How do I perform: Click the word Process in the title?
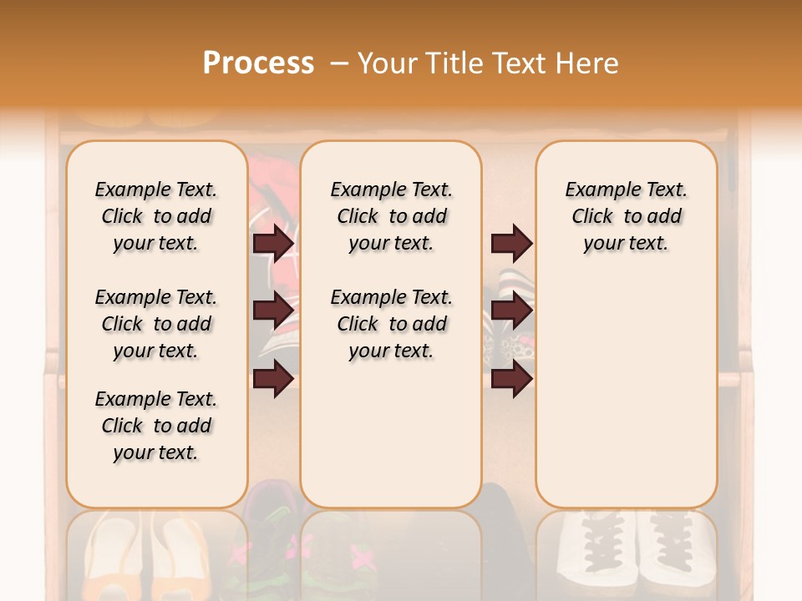258,63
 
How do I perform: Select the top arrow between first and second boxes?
273,243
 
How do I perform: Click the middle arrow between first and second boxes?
273,311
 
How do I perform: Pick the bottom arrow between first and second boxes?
273,379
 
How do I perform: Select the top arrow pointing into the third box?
511,243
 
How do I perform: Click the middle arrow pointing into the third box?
511,311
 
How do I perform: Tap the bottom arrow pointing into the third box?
511,379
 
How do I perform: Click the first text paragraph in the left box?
156,216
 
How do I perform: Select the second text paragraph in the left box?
156,324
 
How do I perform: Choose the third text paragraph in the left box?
156,426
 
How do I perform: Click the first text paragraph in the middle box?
391,216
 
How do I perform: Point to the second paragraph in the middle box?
391,324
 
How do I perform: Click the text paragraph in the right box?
627,216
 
